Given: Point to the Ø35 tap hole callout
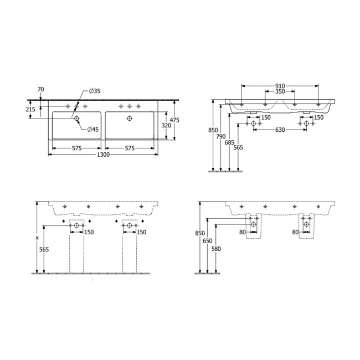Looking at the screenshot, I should [x=94, y=91].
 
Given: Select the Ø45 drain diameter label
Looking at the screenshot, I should [x=92, y=130].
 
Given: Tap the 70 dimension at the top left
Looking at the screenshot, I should [x=40, y=89].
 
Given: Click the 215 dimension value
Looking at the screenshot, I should [x=32, y=110].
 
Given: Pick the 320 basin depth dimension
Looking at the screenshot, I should [x=166, y=125].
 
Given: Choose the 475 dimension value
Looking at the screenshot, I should [x=174, y=120].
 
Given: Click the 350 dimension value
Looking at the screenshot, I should [x=280, y=91].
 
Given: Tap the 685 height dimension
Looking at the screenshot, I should [x=230, y=143].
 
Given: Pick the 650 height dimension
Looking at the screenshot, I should [x=207, y=242].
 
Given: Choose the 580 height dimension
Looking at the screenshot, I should [x=215, y=249].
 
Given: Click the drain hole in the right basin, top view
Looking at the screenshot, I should [x=130, y=118].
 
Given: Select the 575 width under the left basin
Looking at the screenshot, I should [x=76, y=148].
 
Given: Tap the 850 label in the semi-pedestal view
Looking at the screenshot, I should [x=199, y=233].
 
